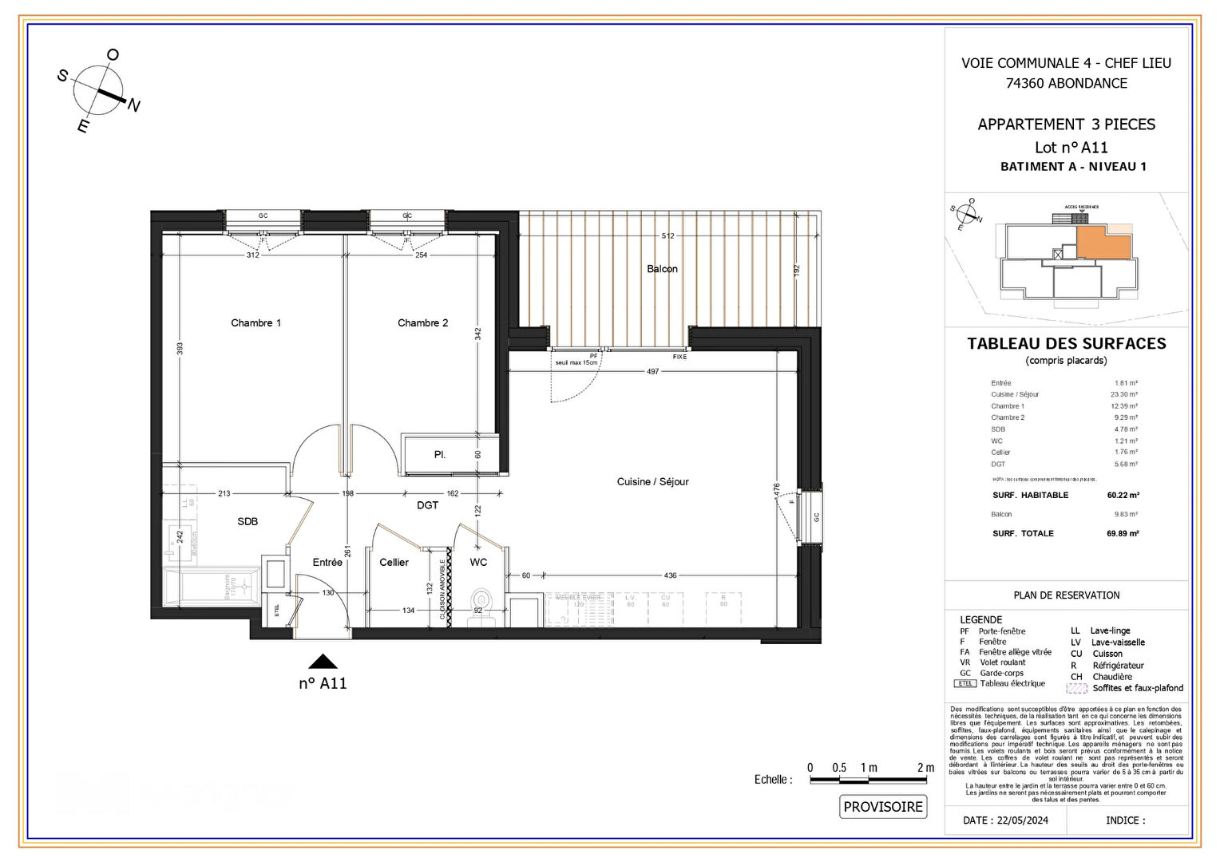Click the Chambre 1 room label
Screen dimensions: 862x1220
click(x=255, y=323)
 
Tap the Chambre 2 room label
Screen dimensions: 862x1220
click(x=422, y=323)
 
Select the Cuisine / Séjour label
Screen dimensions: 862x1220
click(x=652, y=482)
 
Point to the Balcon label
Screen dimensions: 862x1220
click(x=662, y=269)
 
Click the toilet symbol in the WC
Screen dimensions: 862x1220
click(x=481, y=599)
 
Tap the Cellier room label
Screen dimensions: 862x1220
click(x=394, y=563)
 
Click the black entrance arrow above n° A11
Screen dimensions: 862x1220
click(x=323, y=661)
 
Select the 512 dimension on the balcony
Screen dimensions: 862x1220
click(x=667, y=235)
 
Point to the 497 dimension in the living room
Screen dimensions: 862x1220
click(x=653, y=372)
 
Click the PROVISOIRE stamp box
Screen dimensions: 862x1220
click(x=883, y=807)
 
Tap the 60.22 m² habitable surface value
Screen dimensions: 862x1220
click(x=1123, y=496)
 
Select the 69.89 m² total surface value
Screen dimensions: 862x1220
click(x=1123, y=534)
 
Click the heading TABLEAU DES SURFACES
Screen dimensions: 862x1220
click(x=1066, y=344)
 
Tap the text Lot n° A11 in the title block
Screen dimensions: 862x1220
click(x=1071, y=148)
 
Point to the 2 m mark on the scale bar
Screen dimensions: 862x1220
click(x=925, y=768)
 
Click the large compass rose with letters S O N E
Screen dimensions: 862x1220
click(x=99, y=90)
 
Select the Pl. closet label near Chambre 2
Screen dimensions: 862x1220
click(x=440, y=455)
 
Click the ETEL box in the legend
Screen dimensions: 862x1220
click(x=965, y=684)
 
